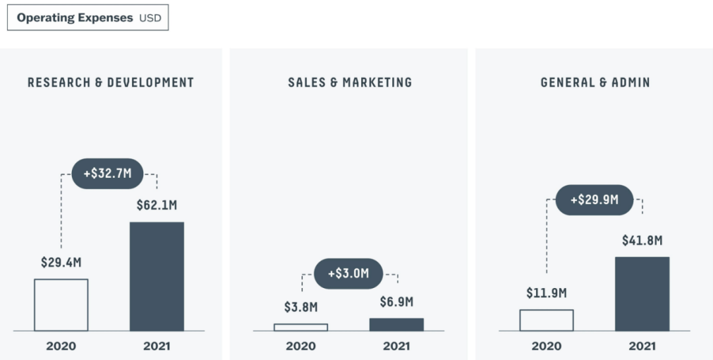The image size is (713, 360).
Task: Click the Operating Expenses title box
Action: (88, 18)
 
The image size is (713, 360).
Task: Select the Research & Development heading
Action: (111, 83)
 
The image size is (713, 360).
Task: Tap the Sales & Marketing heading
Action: (350, 83)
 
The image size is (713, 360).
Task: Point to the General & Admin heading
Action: (595, 83)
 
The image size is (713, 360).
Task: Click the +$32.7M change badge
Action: (108, 174)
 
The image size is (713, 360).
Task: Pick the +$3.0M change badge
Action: (348, 273)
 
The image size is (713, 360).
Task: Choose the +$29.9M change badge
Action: (594, 199)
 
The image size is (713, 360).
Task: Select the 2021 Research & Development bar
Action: (156, 276)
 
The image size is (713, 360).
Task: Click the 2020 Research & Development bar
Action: (61, 305)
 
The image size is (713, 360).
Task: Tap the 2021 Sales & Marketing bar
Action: (396, 324)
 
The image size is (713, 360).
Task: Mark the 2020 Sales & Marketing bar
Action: (300, 327)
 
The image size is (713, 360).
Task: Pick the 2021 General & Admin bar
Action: (642, 293)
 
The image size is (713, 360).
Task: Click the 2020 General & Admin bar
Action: (546, 320)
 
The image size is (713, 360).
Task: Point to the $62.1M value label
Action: (156, 205)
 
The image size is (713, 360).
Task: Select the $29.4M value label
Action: (61, 262)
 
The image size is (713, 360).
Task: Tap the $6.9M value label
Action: (396, 302)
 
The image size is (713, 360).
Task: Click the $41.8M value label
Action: (642, 240)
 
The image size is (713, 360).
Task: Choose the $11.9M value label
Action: (546, 293)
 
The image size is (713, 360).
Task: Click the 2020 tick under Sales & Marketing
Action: (300, 345)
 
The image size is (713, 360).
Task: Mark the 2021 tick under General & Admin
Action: (642, 345)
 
